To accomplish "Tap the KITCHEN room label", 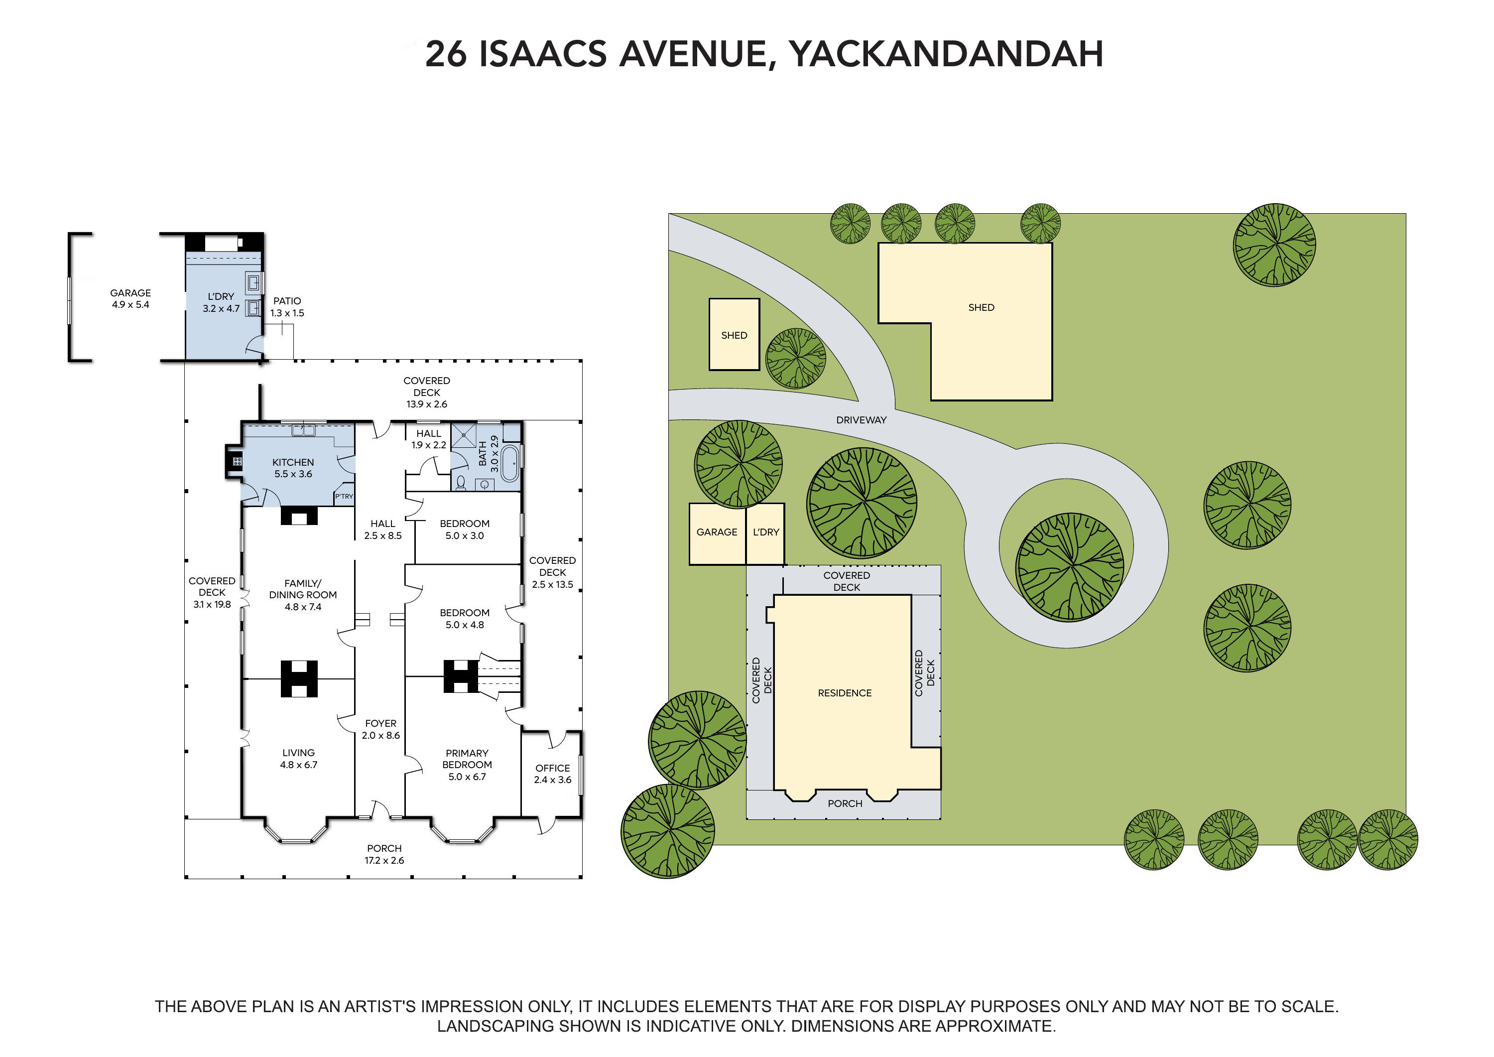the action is pos(293,462).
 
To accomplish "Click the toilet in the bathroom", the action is pos(461,482).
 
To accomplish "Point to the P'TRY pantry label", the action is pos(344,496).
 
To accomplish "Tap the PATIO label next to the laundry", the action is pos(287,301).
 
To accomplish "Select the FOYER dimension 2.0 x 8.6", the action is pos(380,736).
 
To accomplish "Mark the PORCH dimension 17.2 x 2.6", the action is pos(384,860).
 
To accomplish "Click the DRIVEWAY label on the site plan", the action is pos(861,420).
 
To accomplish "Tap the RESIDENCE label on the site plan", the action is pos(845,693).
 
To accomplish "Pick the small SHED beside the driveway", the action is pos(734,335).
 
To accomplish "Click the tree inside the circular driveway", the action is pos(1070,567).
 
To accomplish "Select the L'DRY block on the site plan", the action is pos(765,533).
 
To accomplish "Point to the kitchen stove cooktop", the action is pos(237,461).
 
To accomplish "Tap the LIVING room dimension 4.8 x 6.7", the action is pos(299,765).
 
